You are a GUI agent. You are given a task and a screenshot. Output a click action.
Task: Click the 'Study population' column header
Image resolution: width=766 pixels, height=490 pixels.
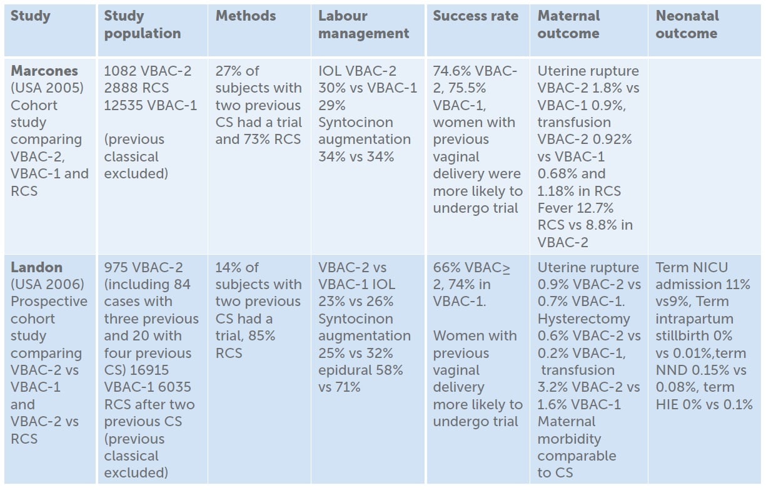point(142,24)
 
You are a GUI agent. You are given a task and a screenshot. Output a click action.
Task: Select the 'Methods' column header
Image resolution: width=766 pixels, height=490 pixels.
point(245,16)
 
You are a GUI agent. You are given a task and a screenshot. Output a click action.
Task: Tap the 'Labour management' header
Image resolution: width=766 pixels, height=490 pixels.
point(363,24)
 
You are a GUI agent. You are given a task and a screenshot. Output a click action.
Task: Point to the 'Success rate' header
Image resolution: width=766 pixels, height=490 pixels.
point(475,16)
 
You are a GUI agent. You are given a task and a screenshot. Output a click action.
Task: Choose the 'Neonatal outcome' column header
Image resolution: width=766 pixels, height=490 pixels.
point(687,24)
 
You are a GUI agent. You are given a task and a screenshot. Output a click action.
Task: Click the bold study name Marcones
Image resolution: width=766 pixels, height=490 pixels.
point(43,71)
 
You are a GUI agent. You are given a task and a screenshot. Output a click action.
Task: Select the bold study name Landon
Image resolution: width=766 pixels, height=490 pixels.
point(36,268)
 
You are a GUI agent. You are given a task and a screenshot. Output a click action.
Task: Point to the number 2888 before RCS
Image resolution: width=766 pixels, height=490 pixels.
point(121,88)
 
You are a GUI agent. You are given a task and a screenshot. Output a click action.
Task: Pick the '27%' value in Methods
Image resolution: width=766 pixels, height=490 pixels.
point(229,71)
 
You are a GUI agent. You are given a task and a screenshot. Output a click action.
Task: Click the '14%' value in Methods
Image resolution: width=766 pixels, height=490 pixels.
point(229,268)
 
